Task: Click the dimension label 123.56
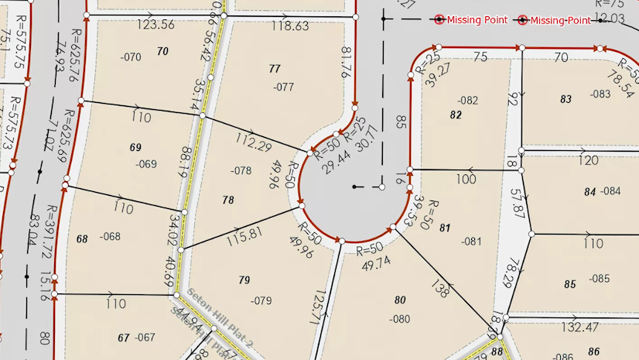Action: [x=155, y=25]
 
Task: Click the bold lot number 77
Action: [x=274, y=69]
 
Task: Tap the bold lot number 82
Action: [x=456, y=114]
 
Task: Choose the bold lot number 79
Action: [x=244, y=279]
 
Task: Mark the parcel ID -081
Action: [x=471, y=241]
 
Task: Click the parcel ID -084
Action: [x=611, y=190]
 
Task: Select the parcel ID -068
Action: [x=111, y=237]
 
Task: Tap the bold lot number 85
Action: [x=570, y=284]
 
